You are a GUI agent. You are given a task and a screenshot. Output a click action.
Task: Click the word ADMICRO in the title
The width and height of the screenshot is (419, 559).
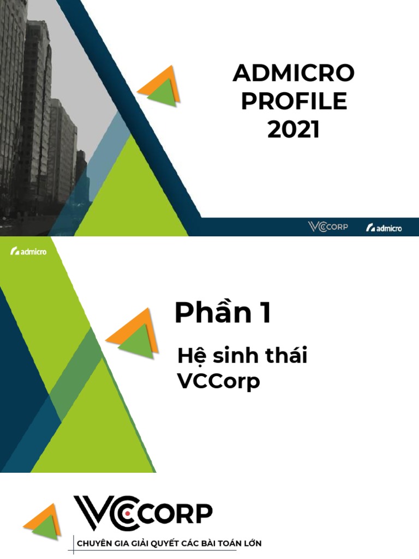(x=294, y=73)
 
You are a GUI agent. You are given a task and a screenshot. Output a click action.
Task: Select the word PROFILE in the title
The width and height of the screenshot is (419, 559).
(x=294, y=102)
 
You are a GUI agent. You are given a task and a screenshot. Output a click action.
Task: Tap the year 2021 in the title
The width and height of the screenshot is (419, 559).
(x=294, y=130)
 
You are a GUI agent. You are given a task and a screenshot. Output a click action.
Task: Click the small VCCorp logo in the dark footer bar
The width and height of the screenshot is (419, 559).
(x=327, y=227)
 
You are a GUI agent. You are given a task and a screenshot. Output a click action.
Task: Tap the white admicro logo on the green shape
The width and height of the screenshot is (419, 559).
(x=28, y=251)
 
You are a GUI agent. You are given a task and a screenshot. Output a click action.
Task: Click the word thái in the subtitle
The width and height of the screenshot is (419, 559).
(x=285, y=356)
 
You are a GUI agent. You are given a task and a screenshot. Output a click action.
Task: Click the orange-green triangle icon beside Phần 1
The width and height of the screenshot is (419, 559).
(x=133, y=334)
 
